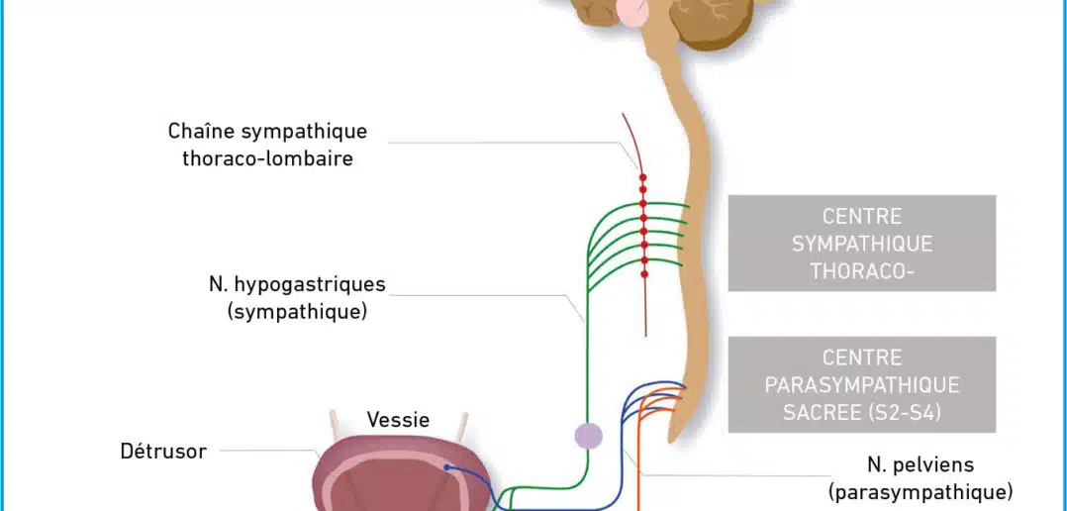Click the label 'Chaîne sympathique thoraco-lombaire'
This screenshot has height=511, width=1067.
[x=267, y=145]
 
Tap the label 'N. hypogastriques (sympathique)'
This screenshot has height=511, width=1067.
[x=297, y=297]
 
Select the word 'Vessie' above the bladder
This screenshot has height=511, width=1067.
[x=398, y=419]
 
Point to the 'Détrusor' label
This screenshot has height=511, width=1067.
[x=163, y=451]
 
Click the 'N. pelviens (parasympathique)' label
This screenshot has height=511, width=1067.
[x=921, y=478]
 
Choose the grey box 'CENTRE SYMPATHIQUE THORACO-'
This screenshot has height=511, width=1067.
[x=861, y=243]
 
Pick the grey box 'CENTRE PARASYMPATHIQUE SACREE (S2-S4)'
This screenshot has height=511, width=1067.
[x=861, y=384]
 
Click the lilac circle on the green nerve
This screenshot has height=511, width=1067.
[x=589, y=436]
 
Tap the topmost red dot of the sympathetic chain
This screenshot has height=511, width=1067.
[x=643, y=177]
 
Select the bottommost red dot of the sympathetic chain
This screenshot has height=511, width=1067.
[x=643, y=274]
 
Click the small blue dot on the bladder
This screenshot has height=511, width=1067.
[x=446, y=467]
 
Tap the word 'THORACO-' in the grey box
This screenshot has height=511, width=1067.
[x=861, y=271]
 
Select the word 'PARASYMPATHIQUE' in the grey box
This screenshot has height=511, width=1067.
[x=862, y=385]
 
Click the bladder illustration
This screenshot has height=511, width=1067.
[x=403, y=474]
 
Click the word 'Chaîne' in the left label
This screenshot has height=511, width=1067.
[x=201, y=131]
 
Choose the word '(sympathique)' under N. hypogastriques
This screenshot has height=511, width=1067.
[x=297, y=312]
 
